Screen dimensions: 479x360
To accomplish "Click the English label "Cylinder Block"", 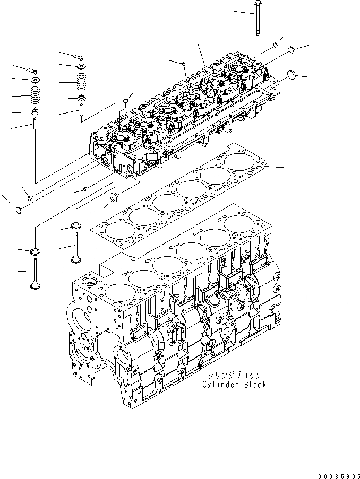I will coord(234,384).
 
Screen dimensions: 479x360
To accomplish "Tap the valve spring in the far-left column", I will coord(35,96).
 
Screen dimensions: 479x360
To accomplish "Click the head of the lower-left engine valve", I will coord(35,284).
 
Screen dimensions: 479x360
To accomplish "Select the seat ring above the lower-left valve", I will coord(35,250).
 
